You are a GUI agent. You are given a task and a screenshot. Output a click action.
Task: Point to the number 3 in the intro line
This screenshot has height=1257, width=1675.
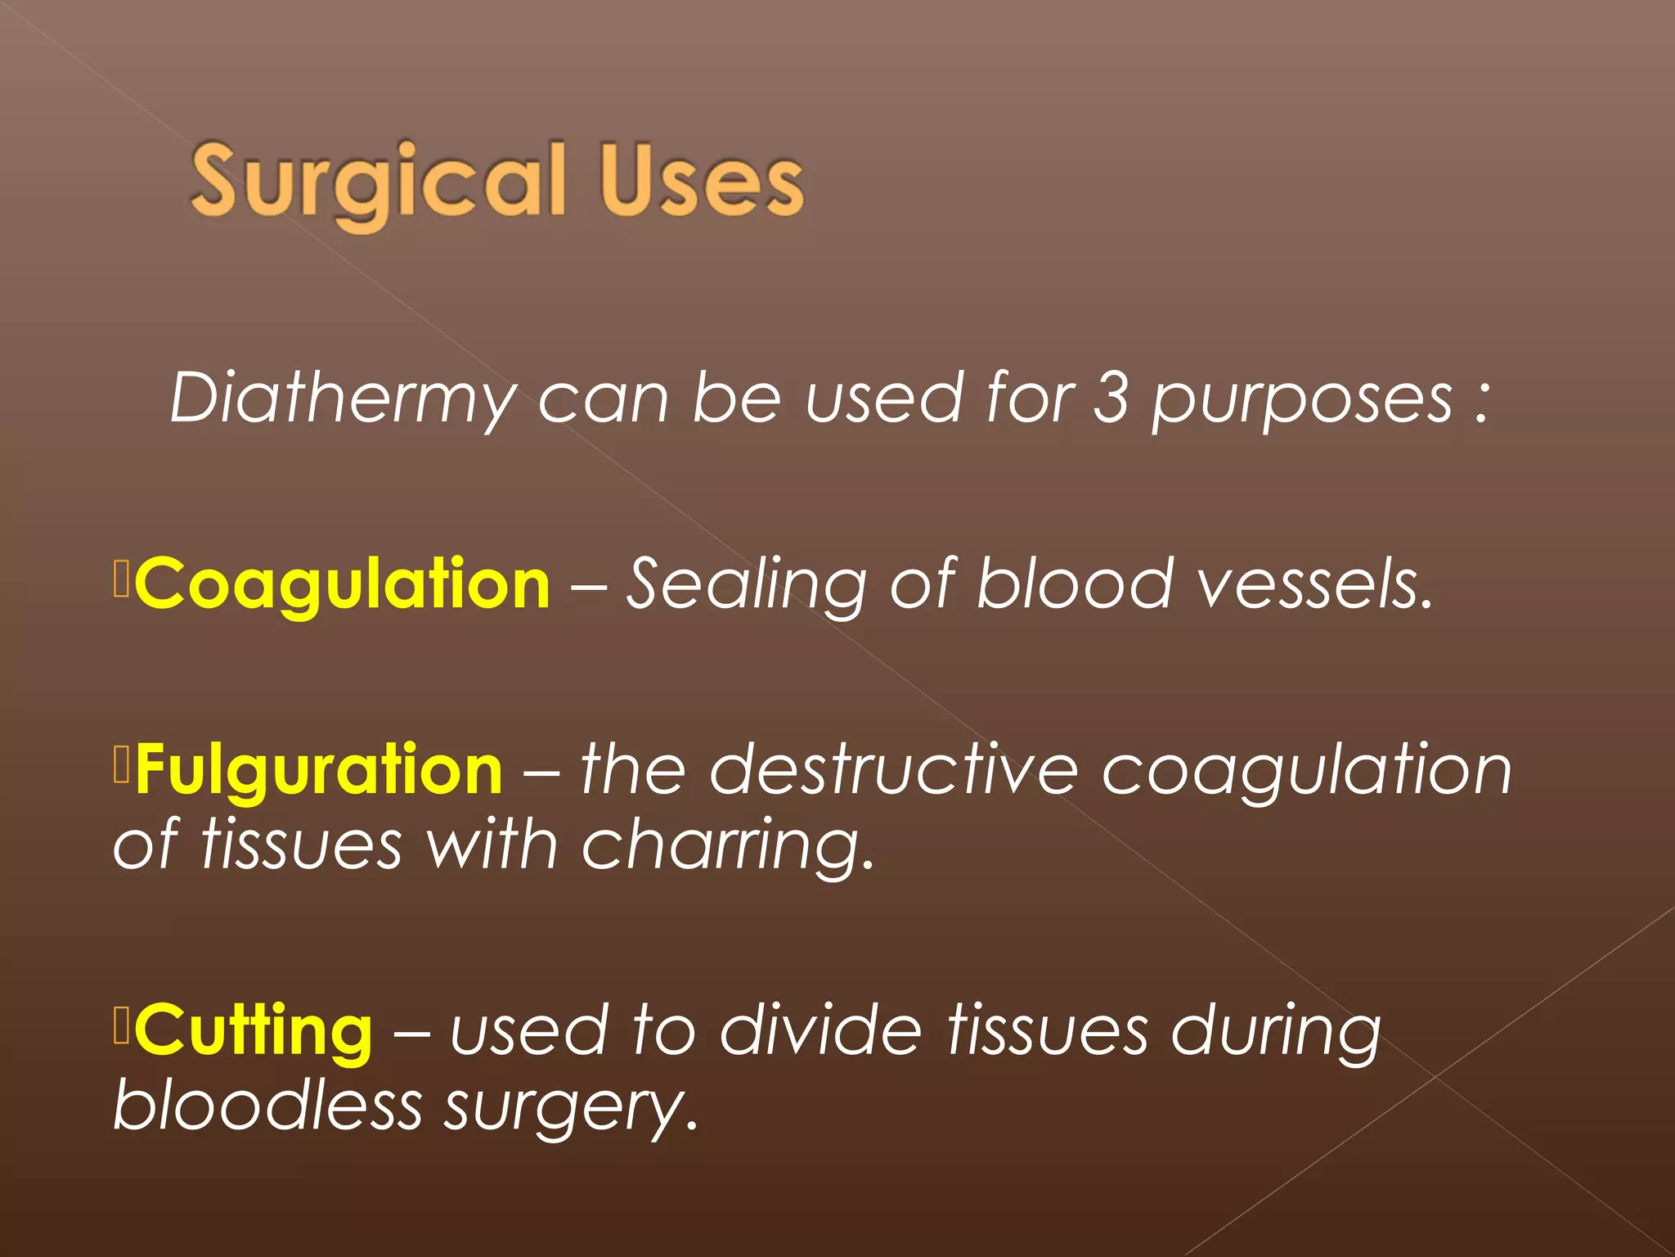[1111, 397]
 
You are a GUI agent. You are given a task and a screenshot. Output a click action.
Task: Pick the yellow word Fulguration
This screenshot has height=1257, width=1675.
[319, 770]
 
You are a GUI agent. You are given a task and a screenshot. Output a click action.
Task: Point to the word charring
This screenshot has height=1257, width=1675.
[727, 845]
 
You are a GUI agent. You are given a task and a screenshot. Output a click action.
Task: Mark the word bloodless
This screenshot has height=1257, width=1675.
[267, 1105]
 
